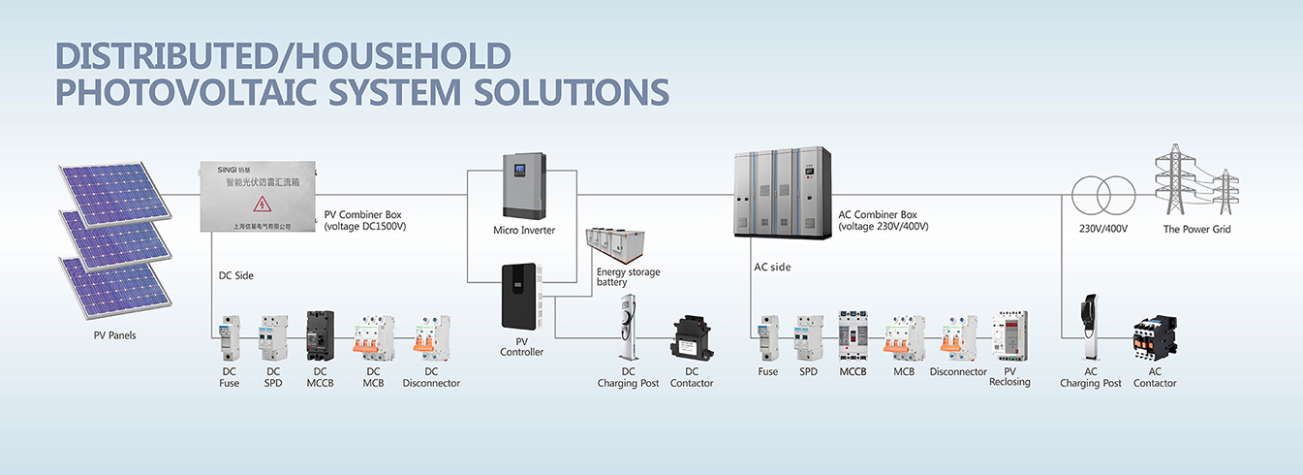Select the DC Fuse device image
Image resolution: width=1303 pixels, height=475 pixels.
click(x=230, y=336)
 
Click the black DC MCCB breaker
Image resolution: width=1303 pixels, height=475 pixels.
click(x=320, y=336)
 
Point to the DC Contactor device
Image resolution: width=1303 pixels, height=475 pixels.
click(x=692, y=339)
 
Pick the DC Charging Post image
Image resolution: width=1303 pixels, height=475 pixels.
click(x=628, y=330)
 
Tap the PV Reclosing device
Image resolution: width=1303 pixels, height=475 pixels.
click(x=1009, y=336)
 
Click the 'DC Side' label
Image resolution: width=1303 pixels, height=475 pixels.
click(x=236, y=275)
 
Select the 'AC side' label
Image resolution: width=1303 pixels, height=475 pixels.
click(x=772, y=267)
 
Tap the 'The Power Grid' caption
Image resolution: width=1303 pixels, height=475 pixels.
click(x=1197, y=230)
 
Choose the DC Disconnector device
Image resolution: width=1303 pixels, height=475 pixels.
click(x=432, y=338)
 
